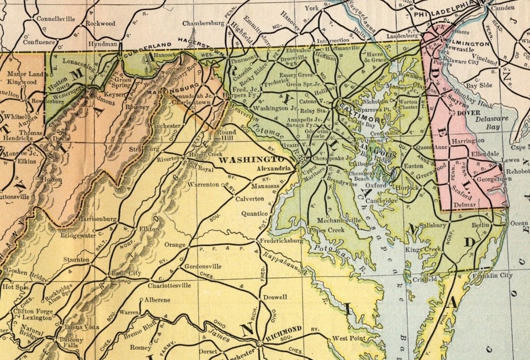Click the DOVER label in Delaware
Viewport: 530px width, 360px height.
[466, 113]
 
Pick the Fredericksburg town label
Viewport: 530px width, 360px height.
[282, 241]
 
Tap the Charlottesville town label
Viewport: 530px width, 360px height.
[169, 285]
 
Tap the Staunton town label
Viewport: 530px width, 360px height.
[76, 259]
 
